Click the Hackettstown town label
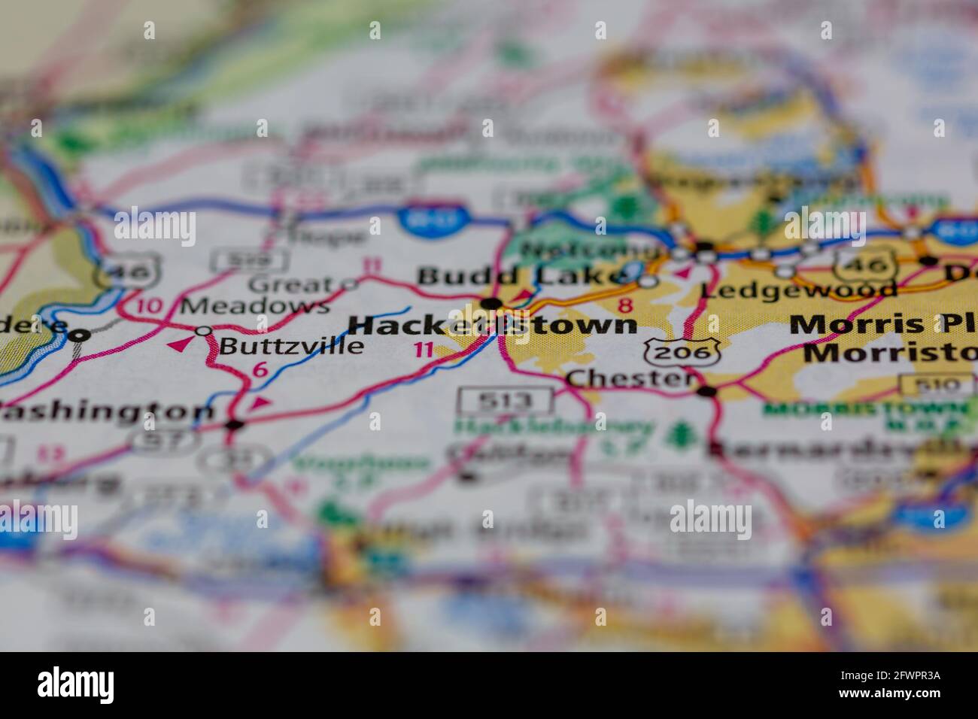[x=493, y=325]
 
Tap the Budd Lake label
[x=521, y=276]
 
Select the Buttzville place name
[x=291, y=346]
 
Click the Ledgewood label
[x=799, y=290]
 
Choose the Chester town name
[x=630, y=378]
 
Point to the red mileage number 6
[x=260, y=369]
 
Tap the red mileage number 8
[x=624, y=305]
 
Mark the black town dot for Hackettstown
[x=492, y=303]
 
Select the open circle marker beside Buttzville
[x=203, y=331]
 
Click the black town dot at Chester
[x=706, y=390]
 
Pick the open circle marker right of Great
[x=349, y=284]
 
